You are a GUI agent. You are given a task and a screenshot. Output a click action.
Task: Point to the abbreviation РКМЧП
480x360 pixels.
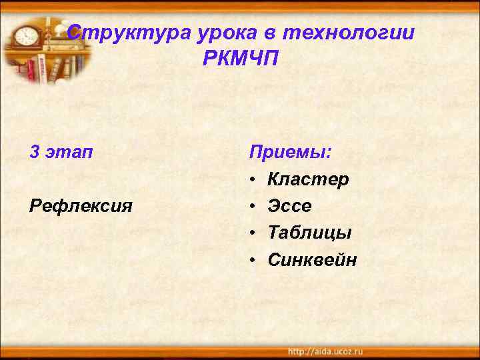point(241,59)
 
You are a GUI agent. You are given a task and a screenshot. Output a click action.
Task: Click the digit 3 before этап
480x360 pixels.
point(35,153)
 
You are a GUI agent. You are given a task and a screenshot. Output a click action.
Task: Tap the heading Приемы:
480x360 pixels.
point(290,153)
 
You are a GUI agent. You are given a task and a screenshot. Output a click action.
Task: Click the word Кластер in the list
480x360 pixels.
point(308,179)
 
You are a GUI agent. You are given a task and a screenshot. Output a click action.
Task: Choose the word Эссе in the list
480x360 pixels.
point(289,206)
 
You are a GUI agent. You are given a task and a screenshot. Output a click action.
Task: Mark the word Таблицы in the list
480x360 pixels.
point(309,233)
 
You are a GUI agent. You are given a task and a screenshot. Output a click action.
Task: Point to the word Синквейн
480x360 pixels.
point(312,259)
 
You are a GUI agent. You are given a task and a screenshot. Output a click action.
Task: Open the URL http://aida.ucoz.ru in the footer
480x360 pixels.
point(325,351)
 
